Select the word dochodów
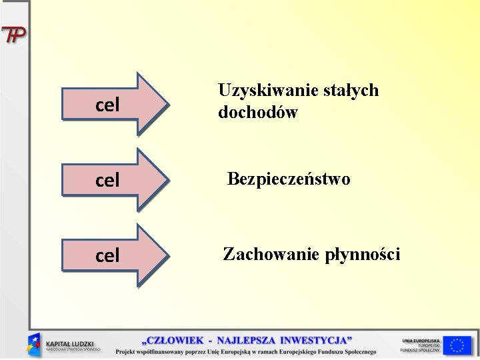257,113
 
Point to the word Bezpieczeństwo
288,179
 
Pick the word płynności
363,255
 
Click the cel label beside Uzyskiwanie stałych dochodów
107,105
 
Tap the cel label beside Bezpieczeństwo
107,180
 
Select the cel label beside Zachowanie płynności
107,255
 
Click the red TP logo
14,35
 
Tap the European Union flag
457,345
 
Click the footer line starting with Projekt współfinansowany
245,351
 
